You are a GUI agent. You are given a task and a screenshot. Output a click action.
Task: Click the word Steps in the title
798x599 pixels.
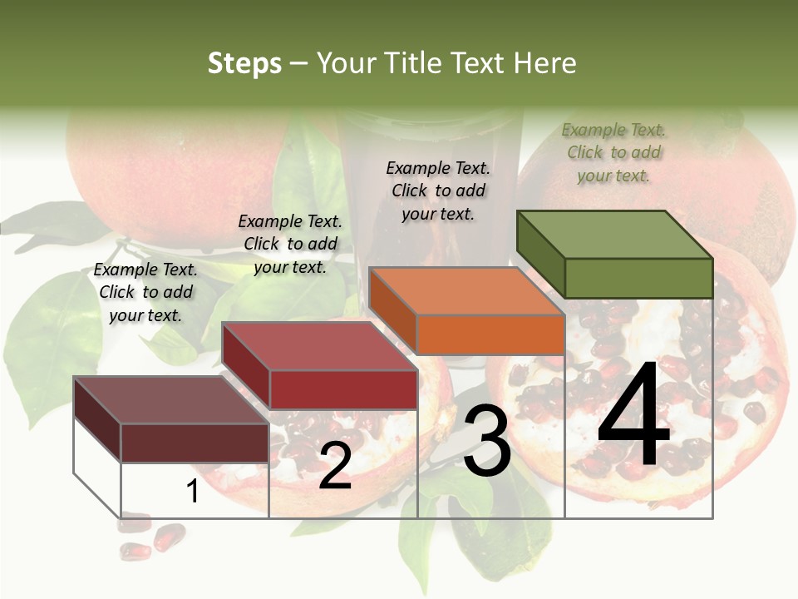[x=244, y=63]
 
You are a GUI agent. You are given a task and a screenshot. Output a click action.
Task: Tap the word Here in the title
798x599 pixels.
[x=544, y=63]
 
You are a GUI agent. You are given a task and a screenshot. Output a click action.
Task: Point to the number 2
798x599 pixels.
[x=335, y=466]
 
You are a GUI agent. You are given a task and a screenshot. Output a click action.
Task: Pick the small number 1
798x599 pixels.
[x=193, y=491]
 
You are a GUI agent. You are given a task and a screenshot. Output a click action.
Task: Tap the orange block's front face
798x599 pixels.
[x=490, y=334]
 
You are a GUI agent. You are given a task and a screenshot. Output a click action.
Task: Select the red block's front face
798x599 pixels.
[x=343, y=389]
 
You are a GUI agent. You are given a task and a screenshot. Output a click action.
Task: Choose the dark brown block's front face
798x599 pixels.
[x=195, y=443]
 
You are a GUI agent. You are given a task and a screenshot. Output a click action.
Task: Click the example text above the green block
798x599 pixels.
[x=614, y=153]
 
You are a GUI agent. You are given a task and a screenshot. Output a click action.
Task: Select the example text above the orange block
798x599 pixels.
[x=438, y=191]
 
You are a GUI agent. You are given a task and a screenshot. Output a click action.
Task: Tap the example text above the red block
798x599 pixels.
[x=290, y=244]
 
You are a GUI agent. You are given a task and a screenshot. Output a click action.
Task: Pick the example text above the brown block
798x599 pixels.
[x=145, y=292]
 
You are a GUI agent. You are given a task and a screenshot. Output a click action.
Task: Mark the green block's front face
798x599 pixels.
[x=638, y=278]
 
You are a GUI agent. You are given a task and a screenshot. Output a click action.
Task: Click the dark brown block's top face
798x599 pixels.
[x=171, y=399]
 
